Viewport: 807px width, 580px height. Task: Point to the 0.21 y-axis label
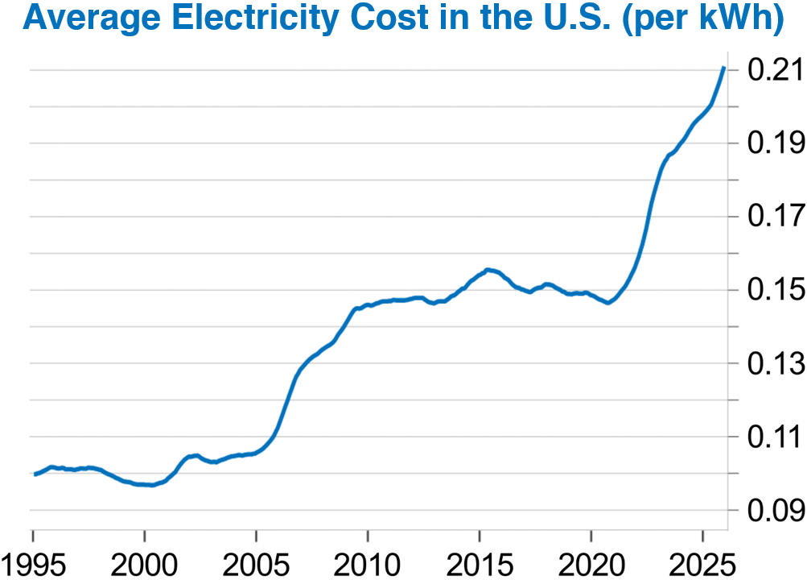point(775,71)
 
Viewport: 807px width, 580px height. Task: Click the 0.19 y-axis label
point(775,144)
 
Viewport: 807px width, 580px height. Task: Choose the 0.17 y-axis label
point(775,217)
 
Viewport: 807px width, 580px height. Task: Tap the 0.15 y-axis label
point(775,291)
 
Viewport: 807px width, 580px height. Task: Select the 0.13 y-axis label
point(775,364)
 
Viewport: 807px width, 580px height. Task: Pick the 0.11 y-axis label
point(775,437)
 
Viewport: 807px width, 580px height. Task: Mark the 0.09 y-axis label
point(775,511)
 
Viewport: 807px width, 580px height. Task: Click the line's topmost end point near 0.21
point(724,68)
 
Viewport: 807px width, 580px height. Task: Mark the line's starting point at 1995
point(35,474)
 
